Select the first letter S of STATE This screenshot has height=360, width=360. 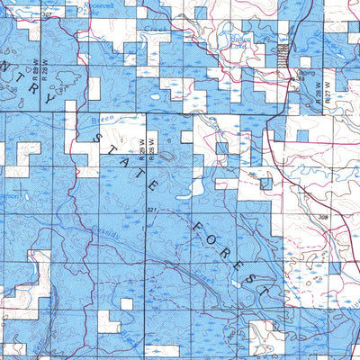[x=100, y=137]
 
